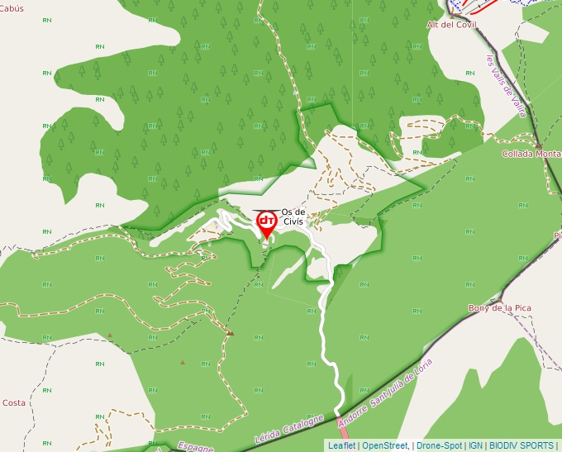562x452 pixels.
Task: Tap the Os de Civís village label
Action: pyautogui.click(x=293, y=216)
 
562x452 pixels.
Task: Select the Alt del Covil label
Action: pyautogui.click(x=452, y=25)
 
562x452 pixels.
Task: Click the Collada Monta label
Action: pyautogui.click(x=531, y=154)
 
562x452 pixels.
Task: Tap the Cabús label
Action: pyautogui.click(x=12, y=8)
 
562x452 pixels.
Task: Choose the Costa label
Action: pyautogui.click(x=13, y=402)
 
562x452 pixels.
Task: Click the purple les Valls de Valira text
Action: pyautogui.click(x=506, y=87)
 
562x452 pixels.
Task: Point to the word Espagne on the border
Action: pyautogui.click(x=195, y=447)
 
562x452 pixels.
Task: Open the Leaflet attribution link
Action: pyautogui.click(x=341, y=445)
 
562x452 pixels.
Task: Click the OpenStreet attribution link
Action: pyautogui.click(x=385, y=445)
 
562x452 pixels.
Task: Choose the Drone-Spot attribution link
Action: pyautogui.click(x=439, y=445)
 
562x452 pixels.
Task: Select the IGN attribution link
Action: pyautogui.click(x=475, y=445)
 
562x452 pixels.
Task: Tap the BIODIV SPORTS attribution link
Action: pyautogui.click(x=522, y=445)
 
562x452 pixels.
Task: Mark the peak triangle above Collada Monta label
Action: pyautogui.click(x=538, y=145)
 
